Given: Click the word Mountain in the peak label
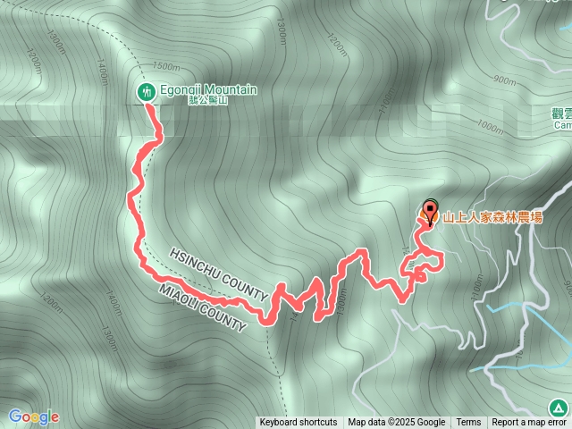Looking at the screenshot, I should click(231, 90).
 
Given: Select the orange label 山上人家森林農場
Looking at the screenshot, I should click(493, 216).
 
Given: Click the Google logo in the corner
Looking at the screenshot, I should click(33, 416).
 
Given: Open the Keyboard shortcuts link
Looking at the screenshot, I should click(299, 423).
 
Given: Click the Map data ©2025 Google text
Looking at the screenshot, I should click(396, 423).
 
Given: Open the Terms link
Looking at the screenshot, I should click(468, 423).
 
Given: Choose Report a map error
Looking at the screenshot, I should click(530, 423).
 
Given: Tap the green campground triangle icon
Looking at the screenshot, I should click(559, 408).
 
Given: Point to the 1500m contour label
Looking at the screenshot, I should click(165, 67).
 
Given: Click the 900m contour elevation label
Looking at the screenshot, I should click(504, 80).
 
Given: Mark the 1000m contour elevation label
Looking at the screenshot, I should click(491, 128).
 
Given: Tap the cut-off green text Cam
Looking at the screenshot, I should click(562, 125).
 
